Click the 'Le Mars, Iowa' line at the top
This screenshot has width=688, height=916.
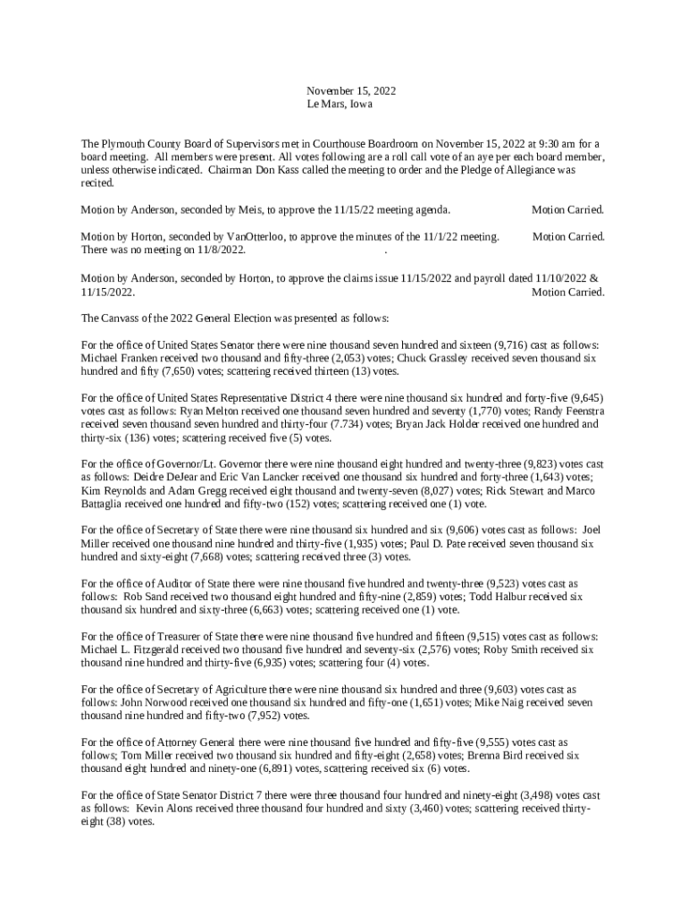pos(340,105)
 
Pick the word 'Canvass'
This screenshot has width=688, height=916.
pos(122,318)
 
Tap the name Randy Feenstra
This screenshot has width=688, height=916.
pos(566,411)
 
